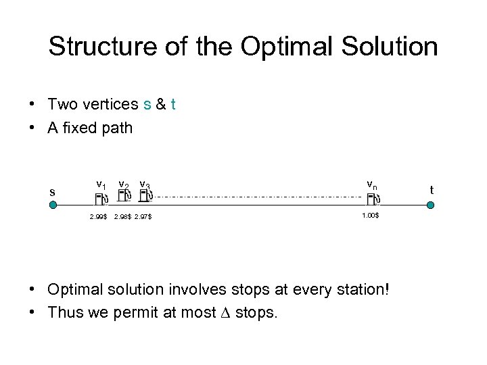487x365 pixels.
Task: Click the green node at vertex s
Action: [53, 205]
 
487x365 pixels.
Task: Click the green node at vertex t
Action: [430, 205]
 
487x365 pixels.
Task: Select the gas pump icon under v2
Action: [124, 196]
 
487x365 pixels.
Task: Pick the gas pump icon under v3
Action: [145, 196]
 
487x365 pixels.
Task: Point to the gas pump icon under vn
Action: [373, 198]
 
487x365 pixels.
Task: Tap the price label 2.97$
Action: [143, 217]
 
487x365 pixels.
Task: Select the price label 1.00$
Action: [370, 215]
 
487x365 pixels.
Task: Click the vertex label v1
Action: [101, 184]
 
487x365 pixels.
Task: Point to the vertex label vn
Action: [372, 183]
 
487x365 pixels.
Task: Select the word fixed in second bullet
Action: [80, 128]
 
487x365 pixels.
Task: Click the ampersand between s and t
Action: [161, 104]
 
